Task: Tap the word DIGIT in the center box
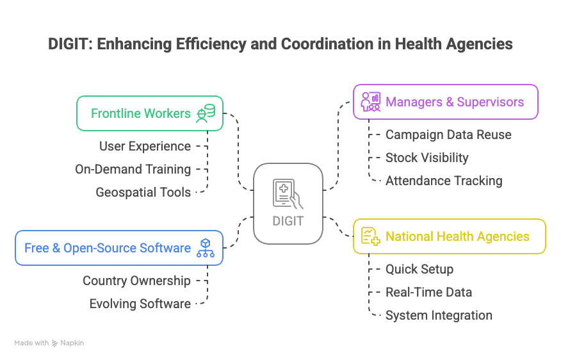pos(288,222)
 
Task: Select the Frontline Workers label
pos(140,113)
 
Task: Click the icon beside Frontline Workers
pos(206,113)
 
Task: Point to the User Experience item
pos(145,146)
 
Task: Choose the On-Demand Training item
pos(133,169)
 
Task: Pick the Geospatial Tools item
pos(143,192)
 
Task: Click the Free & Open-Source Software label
pos(108,248)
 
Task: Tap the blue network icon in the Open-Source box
pos(206,248)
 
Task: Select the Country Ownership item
pos(136,281)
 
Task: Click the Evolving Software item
pos(140,304)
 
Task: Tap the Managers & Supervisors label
pos(455,102)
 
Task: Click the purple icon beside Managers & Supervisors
pos(370,102)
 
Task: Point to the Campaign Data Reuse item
pos(448,135)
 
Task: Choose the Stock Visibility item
pos(427,158)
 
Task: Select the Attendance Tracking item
pos(444,181)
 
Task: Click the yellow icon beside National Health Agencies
pos(370,236)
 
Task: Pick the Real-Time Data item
pos(428,292)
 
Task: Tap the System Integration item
pos(439,315)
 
